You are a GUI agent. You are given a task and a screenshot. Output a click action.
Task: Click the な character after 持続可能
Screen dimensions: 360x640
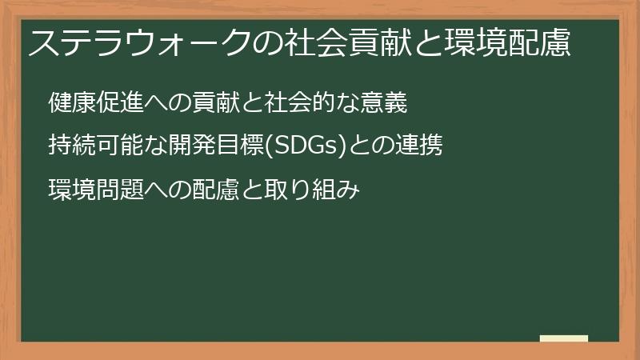[x=156, y=146]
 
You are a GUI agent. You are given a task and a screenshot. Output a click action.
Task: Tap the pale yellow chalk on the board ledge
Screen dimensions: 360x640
[x=564, y=338]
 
